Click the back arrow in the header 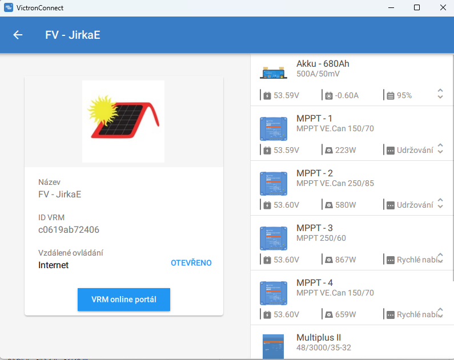click(x=18, y=35)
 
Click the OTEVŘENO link click(x=191, y=263)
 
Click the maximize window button click(x=417, y=8)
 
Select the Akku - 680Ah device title click(x=323, y=64)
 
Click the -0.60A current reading click(x=346, y=95)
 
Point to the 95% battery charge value click(x=404, y=95)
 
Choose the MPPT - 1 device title click(x=314, y=119)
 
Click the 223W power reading click(x=345, y=150)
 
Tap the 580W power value click(x=345, y=205)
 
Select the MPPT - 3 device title click(x=314, y=228)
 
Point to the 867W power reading click(x=345, y=260)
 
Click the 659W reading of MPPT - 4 click(x=345, y=314)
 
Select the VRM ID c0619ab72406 click(x=69, y=229)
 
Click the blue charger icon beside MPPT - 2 click(x=274, y=184)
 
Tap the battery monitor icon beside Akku click(x=274, y=71)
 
